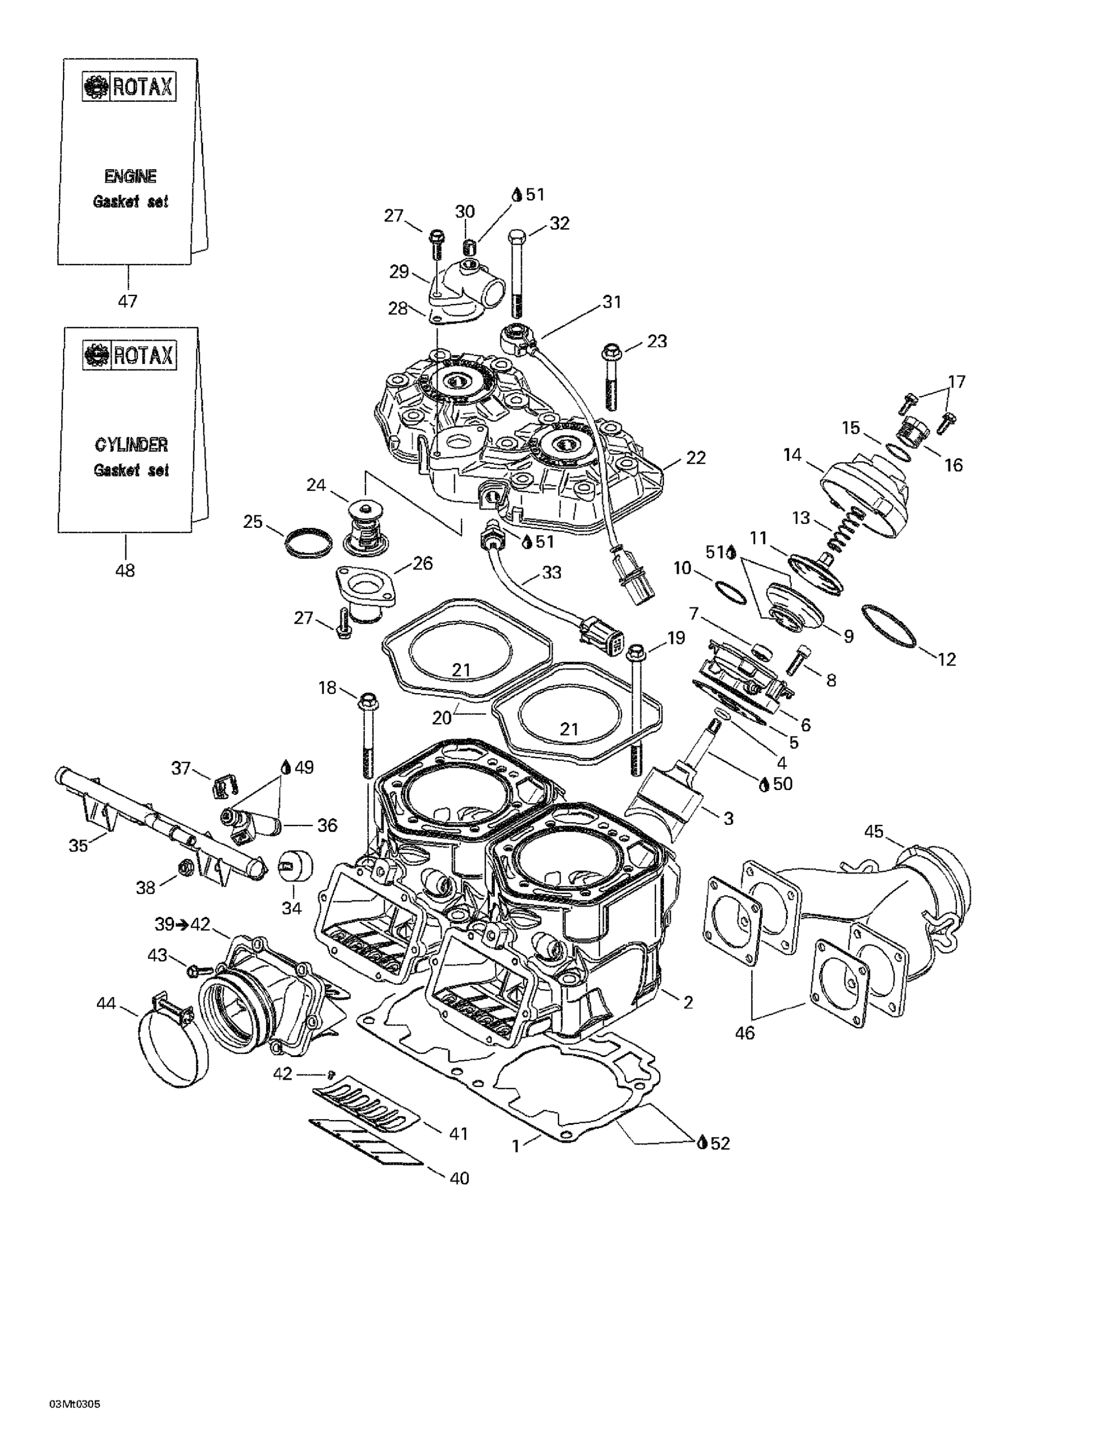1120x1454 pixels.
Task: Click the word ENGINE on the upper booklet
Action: click(130, 176)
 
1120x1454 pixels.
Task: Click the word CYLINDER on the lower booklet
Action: click(131, 445)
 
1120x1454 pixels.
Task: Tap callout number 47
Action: click(127, 301)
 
